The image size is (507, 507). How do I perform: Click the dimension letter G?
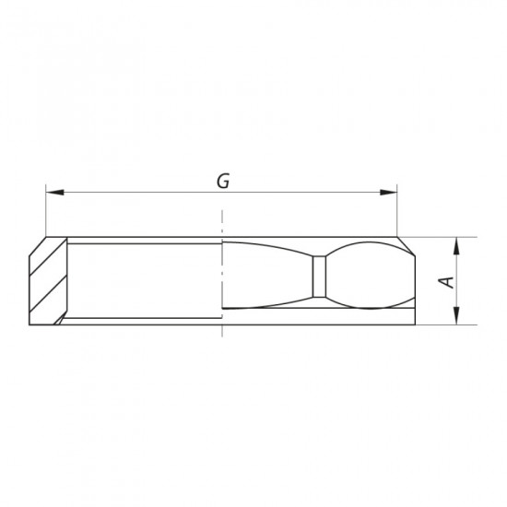pos(222,181)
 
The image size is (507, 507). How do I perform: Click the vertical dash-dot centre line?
pos(223,277)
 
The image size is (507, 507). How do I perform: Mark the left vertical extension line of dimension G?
pos(45,212)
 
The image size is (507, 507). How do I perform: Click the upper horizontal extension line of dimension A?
pos(442,237)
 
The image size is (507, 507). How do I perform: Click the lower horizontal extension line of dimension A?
pos(442,324)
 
